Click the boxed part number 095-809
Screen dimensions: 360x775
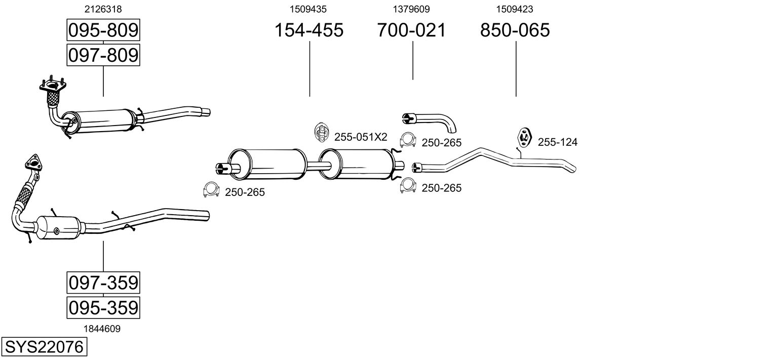coord(103,30)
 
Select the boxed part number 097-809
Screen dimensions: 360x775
coord(103,55)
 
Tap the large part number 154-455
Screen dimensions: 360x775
coord(308,30)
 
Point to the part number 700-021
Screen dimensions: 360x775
coord(411,30)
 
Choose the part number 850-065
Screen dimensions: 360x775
coord(515,30)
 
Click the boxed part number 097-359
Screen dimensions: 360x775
coord(103,282)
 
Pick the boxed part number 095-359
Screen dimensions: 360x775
coord(103,307)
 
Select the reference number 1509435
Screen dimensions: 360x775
coord(308,9)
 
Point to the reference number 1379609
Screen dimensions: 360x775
coord(411,9)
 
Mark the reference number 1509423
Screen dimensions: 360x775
coord(515,9)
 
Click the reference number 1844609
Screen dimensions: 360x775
coord(102,329)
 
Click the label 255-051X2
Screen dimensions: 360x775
coord(360,137)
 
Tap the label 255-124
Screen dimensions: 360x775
coord(557,142)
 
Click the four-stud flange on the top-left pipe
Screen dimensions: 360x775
coord(52,88)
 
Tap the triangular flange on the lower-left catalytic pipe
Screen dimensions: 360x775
coord(32,163)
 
